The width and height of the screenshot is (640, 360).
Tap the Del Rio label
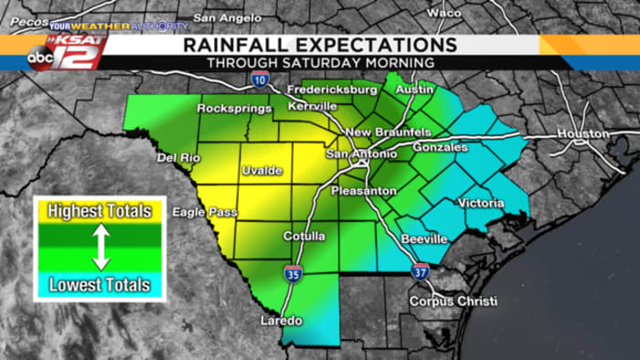pos(177,157)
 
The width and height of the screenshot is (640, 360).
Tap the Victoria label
pos(480,203)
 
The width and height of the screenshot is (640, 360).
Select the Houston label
pos(583,133)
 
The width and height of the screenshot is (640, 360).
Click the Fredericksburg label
pos(332,91)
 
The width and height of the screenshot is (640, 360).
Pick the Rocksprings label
pos(235,109)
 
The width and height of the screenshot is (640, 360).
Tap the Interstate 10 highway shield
pos(261,80)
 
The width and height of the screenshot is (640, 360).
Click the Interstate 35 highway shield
pos(293,272)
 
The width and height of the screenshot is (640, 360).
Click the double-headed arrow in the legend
pos(101,249)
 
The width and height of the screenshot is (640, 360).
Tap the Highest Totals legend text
pos(100,212)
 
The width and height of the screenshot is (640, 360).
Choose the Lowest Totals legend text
pos(100,285)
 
